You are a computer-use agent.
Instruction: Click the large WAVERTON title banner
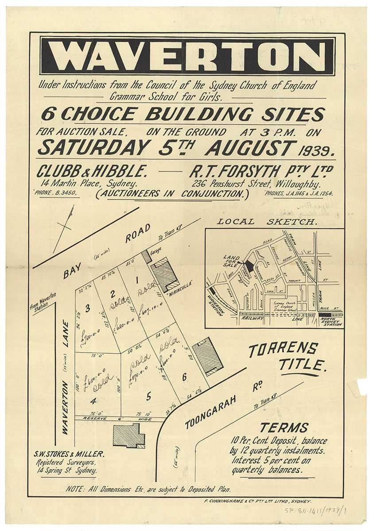(187, 56)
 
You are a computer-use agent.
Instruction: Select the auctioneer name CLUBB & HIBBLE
(92, 171)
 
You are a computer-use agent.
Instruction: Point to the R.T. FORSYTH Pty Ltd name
(261, 171)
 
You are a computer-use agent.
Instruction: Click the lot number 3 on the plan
(87, 308)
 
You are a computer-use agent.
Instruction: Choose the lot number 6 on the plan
(184, 377)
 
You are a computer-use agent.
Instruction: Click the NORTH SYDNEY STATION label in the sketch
(331, 321)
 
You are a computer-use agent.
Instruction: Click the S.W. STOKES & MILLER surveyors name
(69, 454)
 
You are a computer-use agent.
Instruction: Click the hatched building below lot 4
(128, 436)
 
